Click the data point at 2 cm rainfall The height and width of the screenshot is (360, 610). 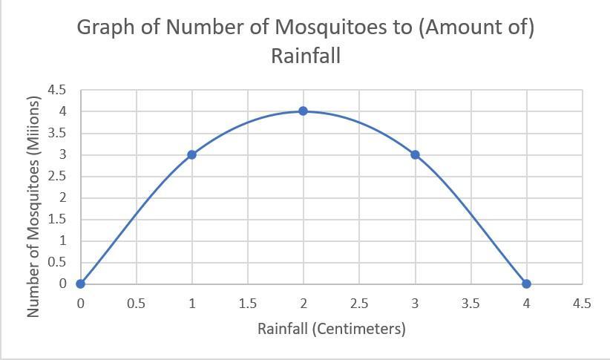[x=303, y=111]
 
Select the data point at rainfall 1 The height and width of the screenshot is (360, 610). [x=191, y=154]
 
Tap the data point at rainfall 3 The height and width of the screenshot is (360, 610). [x=415, y=154]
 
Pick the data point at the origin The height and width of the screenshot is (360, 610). [x=80, y=284]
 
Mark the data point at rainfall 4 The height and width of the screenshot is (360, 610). [x=526, y=284]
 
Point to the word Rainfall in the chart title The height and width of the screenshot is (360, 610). [x=305, y=56]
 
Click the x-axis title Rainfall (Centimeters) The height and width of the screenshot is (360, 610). [x=331, y=328]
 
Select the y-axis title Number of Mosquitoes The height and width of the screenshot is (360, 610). [x=33, y=207]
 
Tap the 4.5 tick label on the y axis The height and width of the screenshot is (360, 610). [x=57, y=90]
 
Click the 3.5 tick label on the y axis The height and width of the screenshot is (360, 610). [x=57, y=133]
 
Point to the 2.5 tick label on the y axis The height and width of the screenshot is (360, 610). [x=57, y=176]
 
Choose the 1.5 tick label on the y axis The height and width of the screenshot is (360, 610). [x=57, y=219]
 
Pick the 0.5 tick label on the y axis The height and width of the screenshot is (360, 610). [x=57, y=262]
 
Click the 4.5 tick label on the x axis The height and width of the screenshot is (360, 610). [x=582, y=303]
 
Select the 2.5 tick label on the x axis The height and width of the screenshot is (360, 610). [x=358, y=303]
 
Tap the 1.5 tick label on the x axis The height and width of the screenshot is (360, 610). [x=247, y=303]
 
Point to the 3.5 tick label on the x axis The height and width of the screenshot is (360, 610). [x=470, y=303]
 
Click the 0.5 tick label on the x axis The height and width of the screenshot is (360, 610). [x=136, y=303]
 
